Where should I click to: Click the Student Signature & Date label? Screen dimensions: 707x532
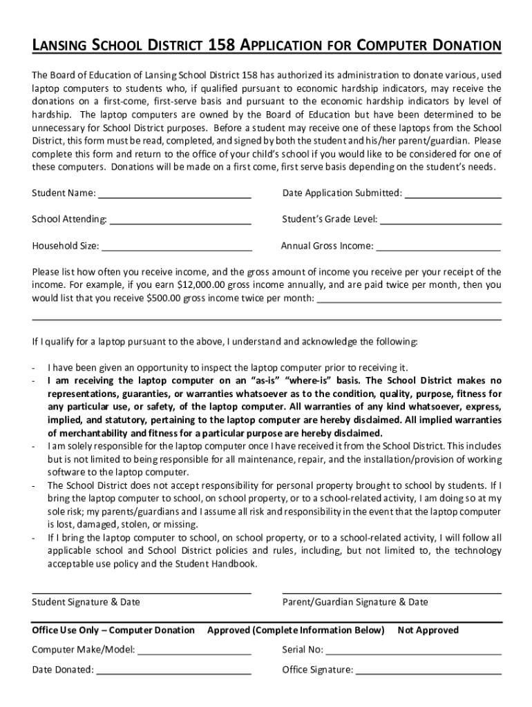[x=86, y=602]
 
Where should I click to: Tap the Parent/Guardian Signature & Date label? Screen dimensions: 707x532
[x=355, y=602]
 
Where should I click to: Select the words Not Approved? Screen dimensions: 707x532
[x=428, y=630]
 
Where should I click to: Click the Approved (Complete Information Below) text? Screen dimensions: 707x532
[x=296, y=630]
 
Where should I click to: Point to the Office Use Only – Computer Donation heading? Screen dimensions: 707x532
[x=113, y=630]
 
